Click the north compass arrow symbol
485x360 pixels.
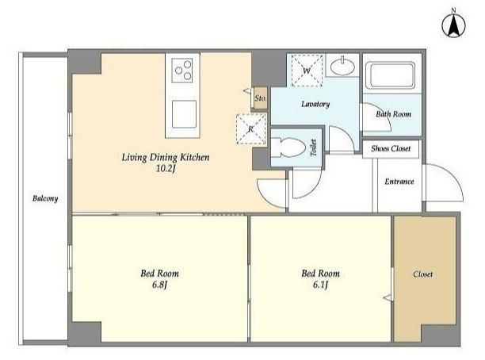(x=454, y=25)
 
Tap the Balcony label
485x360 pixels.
(x=45, y=198)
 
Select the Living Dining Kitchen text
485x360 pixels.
(x=166, y=158)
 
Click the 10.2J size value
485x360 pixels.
(x=166, y=169)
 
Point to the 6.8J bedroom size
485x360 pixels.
(x=159, y=285)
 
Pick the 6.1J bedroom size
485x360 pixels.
(x=320, y=285)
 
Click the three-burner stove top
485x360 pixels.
(x=182, y=71)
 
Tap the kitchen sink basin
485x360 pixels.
(x=184, y=114)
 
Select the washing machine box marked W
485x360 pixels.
(x=307, y=71)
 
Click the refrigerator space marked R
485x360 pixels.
(x=251, y=128)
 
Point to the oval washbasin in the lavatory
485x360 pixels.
(x=342, y=66)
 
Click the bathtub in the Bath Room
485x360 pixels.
(x=391, y=76)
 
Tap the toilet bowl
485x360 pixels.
(x=288, y=148)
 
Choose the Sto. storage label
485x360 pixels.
(x=260, y=98)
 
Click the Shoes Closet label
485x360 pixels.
(x=391, y=149)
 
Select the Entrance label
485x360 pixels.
(x=399, y=182)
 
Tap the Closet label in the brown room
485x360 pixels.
(x=423, y=274)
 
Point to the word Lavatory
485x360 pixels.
(x=315, y=105)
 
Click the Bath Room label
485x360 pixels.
(x=393, y=114)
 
